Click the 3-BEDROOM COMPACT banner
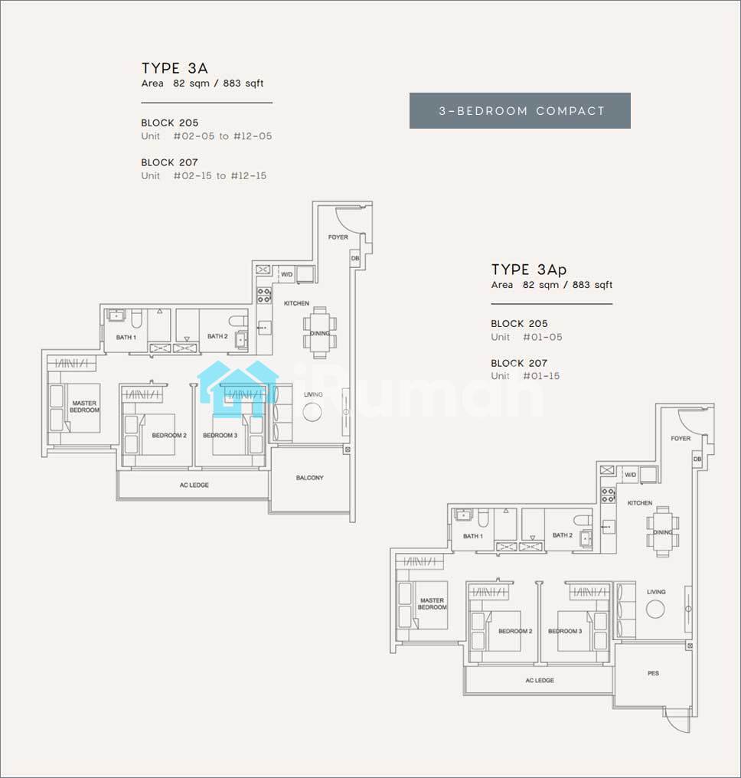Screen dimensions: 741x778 520,110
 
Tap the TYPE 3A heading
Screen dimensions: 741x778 175,68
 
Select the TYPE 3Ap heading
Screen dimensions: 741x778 529,270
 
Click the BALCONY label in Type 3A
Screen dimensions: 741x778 309,478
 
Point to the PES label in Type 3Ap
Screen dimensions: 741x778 653,673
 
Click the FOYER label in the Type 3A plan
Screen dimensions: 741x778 338,237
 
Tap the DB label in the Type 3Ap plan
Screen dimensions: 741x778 697,459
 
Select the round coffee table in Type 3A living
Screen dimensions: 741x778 312,412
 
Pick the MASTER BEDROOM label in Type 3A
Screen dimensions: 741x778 84,407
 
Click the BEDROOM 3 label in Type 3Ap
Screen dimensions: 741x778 565,631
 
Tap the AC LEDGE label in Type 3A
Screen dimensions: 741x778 194,485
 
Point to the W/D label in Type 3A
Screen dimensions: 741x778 287,274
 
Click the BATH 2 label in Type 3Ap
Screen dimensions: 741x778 563,535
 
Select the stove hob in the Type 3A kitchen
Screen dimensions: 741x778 264,296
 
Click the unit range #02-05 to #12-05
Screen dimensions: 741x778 223,136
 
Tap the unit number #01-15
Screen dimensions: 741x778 541,376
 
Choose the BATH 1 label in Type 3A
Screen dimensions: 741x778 126,338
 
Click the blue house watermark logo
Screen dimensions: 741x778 238,389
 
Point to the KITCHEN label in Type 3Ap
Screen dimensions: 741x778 640,503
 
